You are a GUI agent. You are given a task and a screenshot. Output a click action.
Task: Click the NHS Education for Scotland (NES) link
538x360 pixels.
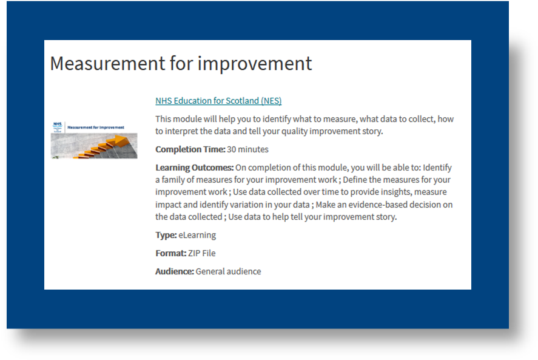tap(218, 101)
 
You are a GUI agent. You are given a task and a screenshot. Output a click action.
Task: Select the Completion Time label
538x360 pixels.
tap(190, 149)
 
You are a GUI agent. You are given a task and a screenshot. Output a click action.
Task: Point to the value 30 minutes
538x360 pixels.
tap(247, 149)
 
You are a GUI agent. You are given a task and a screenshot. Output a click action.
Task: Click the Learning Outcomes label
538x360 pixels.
tap(194, 168)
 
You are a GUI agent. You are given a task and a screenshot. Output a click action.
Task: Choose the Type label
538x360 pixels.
tap(166, 235)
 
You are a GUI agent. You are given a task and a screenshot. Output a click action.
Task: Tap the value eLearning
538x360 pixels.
tap(197, 235)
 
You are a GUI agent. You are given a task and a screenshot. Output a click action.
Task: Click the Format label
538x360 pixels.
tap(170, 253)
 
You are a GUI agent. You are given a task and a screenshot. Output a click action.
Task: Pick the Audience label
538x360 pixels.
tap(174, 271)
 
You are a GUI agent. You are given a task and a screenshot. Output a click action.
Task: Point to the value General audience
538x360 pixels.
tap(228, 271)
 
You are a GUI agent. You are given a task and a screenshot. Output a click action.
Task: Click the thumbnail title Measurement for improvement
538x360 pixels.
tap(96, 127)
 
